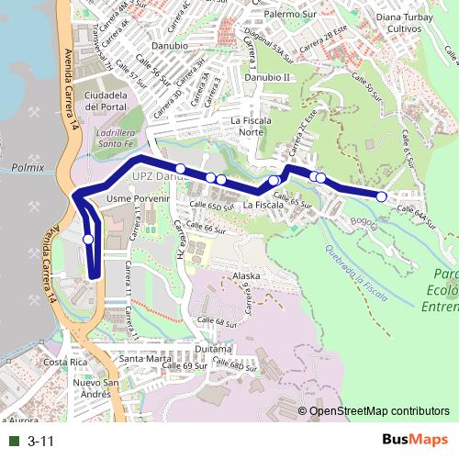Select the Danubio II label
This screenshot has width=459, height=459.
point(267,77)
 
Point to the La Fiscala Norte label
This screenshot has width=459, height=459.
point(260,127)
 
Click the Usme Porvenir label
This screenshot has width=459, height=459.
point(140,198)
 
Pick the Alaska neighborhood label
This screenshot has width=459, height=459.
point(247,275)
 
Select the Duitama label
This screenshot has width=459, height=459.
point(215,349)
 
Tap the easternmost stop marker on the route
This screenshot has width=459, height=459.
point(382,196)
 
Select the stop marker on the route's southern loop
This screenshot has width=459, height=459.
point(88,239)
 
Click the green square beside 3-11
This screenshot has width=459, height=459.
point(14,442)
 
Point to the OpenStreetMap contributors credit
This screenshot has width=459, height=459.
point(379,412)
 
